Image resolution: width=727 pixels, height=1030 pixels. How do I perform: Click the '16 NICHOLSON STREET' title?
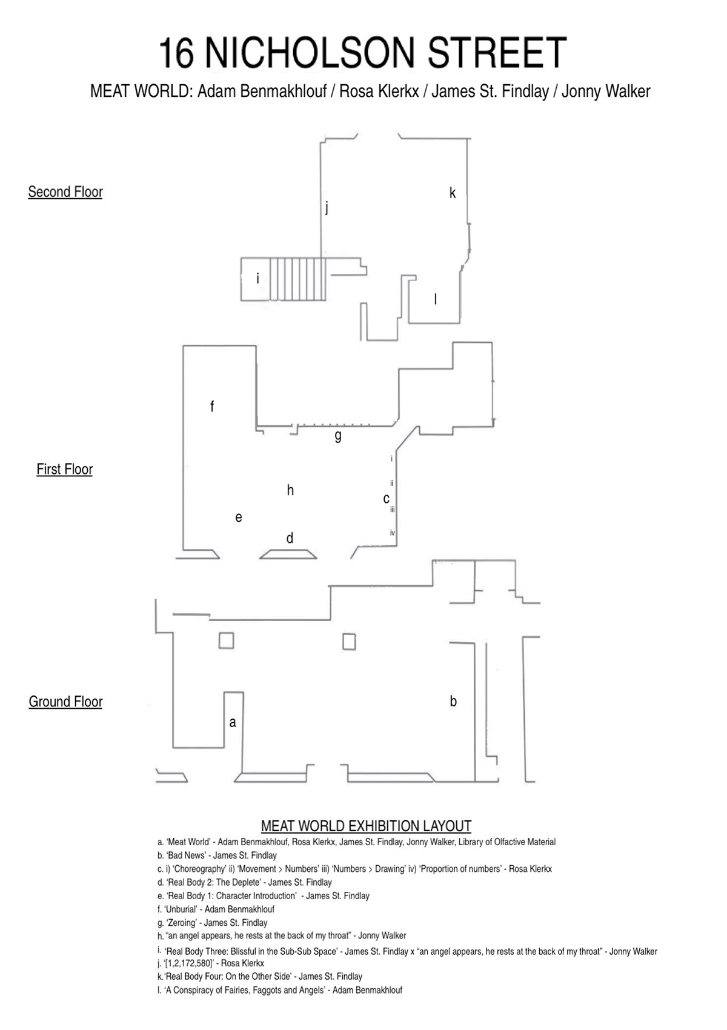click(x=362, y=53)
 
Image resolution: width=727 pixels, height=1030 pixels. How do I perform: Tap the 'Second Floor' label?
click(x=65, y=191)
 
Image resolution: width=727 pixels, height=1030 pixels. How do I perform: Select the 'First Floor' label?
click(x=64, y=469)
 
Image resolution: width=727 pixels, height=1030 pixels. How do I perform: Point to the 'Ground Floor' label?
click(x=65, y=701)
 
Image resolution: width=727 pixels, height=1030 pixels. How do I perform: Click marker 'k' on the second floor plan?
click(x=453, y=193)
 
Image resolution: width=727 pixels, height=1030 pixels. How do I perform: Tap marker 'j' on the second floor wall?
click(x=327, y=208)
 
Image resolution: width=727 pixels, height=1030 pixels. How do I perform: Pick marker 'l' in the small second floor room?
click(x=435, y=299)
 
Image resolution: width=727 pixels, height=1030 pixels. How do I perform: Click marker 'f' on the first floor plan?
click(x=212, y=406)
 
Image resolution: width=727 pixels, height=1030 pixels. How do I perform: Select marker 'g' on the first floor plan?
click(x=338, y=436)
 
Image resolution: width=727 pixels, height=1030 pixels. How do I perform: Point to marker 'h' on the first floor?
click(x=290, y=490)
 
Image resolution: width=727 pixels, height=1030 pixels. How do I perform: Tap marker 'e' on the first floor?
click(x=238, y=517)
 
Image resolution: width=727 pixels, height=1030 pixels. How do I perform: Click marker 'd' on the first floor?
click(x=290, y=537)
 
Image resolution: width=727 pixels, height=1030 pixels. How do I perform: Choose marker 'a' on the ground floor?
click(x=233, y=722)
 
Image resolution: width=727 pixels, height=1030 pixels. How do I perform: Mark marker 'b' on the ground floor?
click(x=453, y=701)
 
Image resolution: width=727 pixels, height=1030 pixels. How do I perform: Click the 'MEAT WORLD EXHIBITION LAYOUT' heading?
click(x=366, y=826)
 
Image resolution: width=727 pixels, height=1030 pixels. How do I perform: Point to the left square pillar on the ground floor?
click(x=226, y=640)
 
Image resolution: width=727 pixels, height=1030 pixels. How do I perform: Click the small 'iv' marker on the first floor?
click(x=392, y=533)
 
